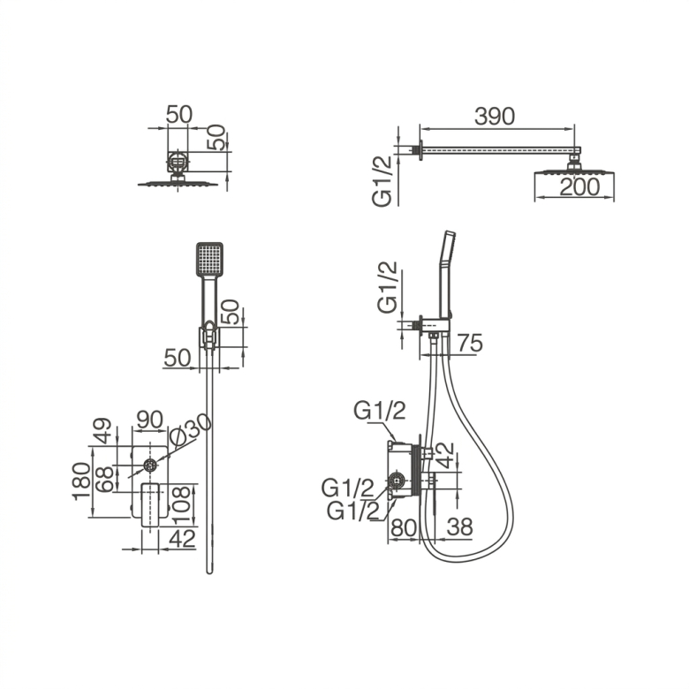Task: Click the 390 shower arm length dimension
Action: (x=495, y=117)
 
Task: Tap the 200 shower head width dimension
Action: (x=579, y=186)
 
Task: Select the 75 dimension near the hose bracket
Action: (x=470, y=343)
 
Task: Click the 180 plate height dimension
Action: (x=81, y=481)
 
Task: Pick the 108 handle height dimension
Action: (x=182, y=505)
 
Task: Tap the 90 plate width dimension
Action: (x=150, y=420)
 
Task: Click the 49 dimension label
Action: (x=102, y=431)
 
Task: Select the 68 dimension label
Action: (x=104, y=480)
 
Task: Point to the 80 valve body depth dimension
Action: (x=404, y=527)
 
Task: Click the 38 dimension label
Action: (x=459, y=526)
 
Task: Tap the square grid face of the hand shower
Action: (x=209, y=259)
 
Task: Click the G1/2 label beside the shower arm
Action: (x=382, y=181)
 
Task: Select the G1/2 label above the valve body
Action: (x=380, y=412)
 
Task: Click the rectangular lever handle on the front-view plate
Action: (x=150, y=504)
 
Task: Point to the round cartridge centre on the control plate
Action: (x=150, y=466)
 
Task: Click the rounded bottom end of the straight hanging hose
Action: (x=209, y=572)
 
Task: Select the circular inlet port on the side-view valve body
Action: (x=397, y=481)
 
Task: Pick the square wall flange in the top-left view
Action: (x=178, y=163)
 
